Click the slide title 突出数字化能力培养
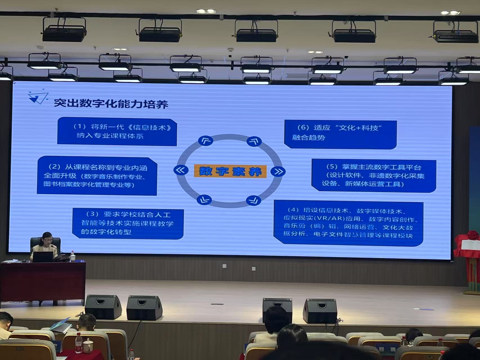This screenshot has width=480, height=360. point(111,103)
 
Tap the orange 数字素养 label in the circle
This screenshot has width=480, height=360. point(230,171)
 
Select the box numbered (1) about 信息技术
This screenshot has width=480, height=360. point(117,132)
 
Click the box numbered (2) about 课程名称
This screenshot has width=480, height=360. point(97,176)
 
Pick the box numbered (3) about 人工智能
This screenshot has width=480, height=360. point(128,223)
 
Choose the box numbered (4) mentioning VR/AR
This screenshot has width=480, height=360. point(348,223)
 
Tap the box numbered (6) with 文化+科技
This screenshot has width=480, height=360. point(340,134)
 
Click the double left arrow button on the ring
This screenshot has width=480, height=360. point(181,170)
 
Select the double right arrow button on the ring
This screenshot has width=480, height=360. point(278,171)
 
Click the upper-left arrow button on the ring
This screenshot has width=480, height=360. point(205,141)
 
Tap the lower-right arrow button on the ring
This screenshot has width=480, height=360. point(254,200)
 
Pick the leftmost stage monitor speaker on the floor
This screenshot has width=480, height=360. point(103,307)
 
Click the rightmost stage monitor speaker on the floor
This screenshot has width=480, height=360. point(320,311)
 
